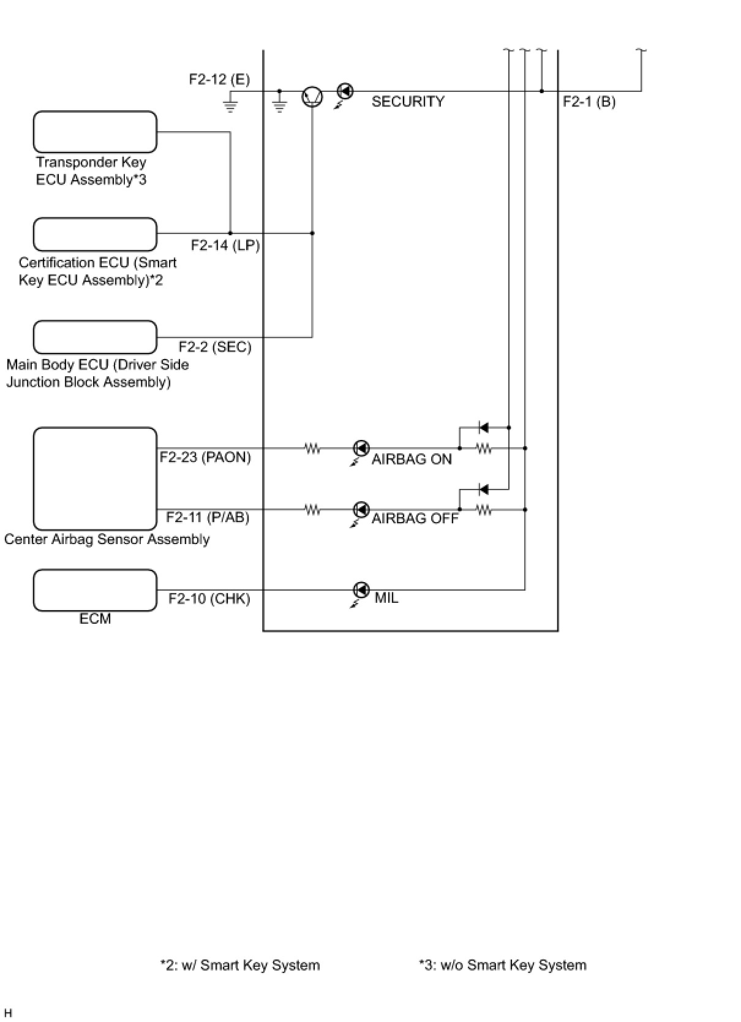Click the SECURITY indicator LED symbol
point(345,91)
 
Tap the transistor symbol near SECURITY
point(312,96)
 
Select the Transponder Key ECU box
point(95,132)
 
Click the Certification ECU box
point(95,234)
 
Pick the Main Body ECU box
point(95,337)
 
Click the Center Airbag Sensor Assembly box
point(95,479)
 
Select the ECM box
point(95,590)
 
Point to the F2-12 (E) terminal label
point(219,80)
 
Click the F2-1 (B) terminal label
point(589,102)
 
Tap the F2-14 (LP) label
point(225,246)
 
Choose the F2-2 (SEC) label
point(215,347)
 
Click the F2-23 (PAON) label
point(205,457)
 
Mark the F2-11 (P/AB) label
point(208,518)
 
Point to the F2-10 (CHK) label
point(209,599)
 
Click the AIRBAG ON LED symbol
point(362,449)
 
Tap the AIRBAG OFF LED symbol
point(362,510)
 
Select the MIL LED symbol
point(362,590)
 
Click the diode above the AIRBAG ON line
point(483,428)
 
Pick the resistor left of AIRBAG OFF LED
point(312,510)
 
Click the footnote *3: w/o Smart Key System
point(502,966)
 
